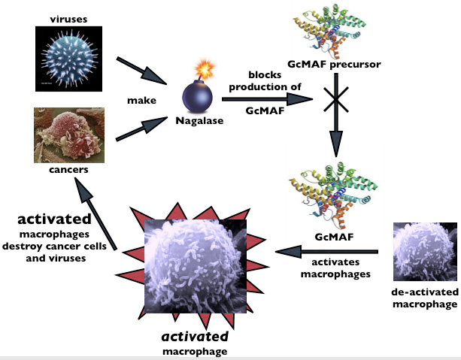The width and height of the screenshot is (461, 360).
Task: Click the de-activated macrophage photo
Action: coord(423,254)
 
